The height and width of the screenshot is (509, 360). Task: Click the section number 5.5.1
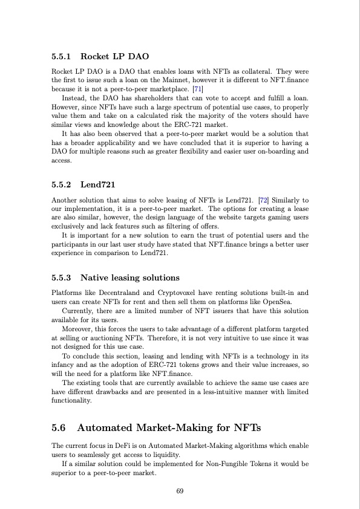click(x=62, y=57)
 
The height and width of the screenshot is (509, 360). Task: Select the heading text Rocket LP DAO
click(x=114, y=57)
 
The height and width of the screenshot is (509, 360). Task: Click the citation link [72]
click(x=263, y=199)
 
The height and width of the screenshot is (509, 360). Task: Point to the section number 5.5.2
click(x=62, y=183)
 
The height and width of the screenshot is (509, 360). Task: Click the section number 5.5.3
click(x=62, y=278)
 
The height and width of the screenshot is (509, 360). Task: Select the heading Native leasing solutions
click(x=130, y=278)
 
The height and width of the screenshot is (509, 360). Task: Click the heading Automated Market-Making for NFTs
click(x=169, y=429)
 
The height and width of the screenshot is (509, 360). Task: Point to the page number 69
click(x=180, y=491)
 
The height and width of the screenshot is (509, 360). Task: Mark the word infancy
click(x=65, y=365)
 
